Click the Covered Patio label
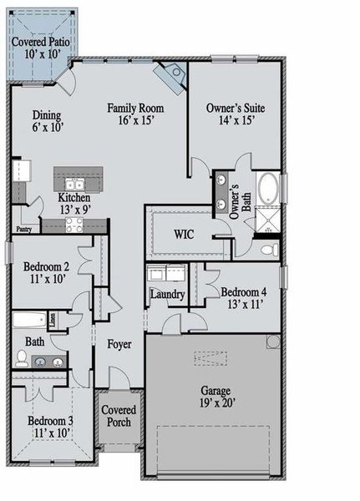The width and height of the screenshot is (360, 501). (41, 42)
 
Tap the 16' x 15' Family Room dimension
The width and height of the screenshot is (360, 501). (136, 121)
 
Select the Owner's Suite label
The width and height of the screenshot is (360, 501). (236, 108)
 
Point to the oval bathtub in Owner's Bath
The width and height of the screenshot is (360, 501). (267, 188)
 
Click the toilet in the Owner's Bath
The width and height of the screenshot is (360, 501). (269, 250)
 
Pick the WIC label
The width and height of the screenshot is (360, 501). (184, 234)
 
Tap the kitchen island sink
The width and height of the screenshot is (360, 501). (74, 185)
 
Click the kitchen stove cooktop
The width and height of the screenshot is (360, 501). (74, 225)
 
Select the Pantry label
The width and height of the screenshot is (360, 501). (24, 229)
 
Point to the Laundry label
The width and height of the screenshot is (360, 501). (168, 294)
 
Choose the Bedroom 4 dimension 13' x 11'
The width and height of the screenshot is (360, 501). (246, 305)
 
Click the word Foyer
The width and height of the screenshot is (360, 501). (119, 344)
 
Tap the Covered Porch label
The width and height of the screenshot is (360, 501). (119, 416)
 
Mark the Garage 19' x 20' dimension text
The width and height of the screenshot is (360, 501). (217, 403)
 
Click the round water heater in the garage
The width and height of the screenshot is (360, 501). (273, 342)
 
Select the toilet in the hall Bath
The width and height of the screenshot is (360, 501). (22, 358)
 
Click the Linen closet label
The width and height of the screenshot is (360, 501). (53, 320)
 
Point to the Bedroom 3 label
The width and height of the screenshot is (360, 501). (50, 421)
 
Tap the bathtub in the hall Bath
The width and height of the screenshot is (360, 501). (30, 320)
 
